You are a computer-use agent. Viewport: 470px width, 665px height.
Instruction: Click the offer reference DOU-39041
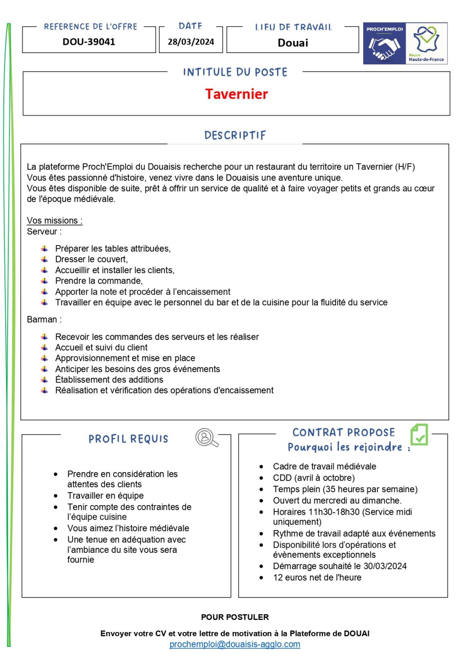[89, 42]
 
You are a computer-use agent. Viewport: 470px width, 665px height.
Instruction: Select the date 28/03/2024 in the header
[191, 42]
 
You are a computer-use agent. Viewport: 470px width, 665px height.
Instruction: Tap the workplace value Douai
[293, 43]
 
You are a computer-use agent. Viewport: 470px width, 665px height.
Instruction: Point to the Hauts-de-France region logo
[426, 43]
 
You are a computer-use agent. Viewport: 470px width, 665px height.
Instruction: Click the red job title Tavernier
[236, 94]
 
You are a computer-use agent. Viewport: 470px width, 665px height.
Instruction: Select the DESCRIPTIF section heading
[235, 135]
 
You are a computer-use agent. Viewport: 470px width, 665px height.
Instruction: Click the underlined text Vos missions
[55, 221]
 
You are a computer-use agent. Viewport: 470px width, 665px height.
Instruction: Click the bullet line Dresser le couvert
[92, 259]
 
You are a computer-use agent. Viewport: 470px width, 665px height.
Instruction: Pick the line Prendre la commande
[99, 281]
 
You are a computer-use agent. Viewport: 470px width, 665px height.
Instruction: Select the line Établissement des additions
[109, 380]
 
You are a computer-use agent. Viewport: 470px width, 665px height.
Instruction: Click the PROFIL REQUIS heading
[128, 439]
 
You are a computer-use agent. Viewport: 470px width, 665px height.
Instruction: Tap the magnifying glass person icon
[206, 438]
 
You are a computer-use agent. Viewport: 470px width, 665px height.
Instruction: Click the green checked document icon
[419, 435]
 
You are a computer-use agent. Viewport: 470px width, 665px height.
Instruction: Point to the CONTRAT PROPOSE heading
[343, 432]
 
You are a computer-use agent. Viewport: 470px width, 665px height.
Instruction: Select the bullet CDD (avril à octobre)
[314, 478]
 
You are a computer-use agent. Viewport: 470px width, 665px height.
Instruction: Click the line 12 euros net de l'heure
[317, 577]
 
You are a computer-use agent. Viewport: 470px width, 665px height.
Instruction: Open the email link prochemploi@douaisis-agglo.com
[235, 644]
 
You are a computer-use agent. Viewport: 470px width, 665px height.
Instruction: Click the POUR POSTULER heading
[235, 617]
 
